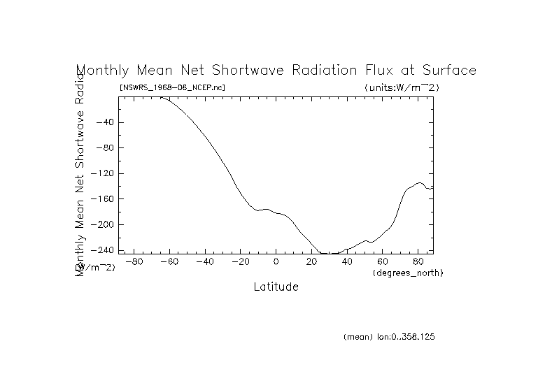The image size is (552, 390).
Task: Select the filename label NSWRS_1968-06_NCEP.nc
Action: click(172, 87)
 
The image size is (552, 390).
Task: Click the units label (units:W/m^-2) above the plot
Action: click(402, 87)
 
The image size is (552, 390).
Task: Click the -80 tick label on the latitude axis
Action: click(134, 262)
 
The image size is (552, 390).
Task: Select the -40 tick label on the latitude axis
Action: click(204, 262)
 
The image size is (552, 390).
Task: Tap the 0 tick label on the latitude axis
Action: click(276, 262)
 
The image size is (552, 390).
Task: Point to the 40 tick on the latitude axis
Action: click(347, 262)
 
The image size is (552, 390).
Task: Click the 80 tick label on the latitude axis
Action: click(418, 262)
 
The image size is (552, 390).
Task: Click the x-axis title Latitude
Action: click(276, 287)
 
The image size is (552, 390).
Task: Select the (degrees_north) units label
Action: click(408, 272)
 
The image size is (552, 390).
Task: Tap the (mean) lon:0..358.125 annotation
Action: click(390, 337)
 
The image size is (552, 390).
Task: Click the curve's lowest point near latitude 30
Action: click(329, 254)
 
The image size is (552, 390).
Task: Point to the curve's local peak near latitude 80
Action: click(419, 183)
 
